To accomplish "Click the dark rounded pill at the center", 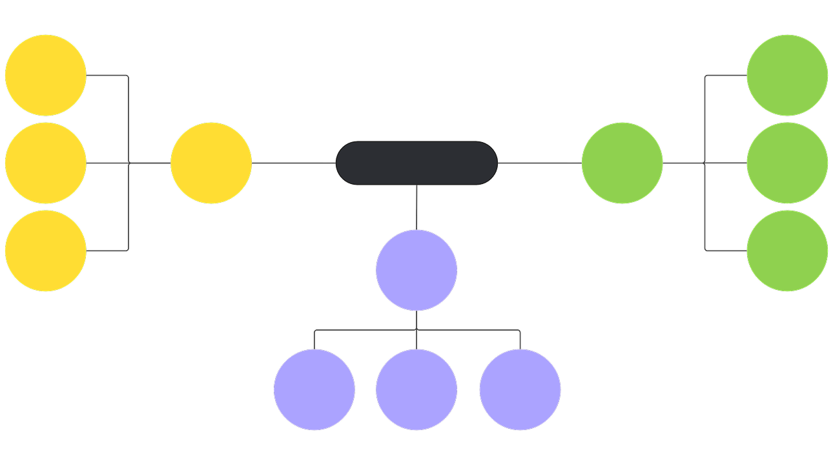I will [x=416, y=163].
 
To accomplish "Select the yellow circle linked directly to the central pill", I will [x=211, y=163].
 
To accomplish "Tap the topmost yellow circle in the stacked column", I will [x=46, y=75].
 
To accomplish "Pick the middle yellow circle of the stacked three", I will [x=46, y=163].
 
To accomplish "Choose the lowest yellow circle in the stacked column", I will [x=46, y=251].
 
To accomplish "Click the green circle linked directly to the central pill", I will [x=622, y=163].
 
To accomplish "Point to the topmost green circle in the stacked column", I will [x=787, y=75].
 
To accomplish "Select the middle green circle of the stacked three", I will [x=787, y=163].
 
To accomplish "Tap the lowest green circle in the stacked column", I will [x=787, y=251].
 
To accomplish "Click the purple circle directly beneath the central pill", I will [x=416, y=270].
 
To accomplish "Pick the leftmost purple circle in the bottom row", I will [x=314, y=389].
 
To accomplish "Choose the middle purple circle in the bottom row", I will [x=416, y=389].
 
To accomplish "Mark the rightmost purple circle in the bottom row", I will [x=520, y=389].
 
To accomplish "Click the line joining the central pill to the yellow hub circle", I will [x=294, y=163].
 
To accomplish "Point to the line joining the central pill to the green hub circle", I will [x=539, y=163].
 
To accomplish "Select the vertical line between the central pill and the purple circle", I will [x=416, y=207].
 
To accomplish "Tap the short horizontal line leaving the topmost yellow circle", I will [x=107, y=76].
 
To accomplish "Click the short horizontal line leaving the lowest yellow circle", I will [x=107, y=250].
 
